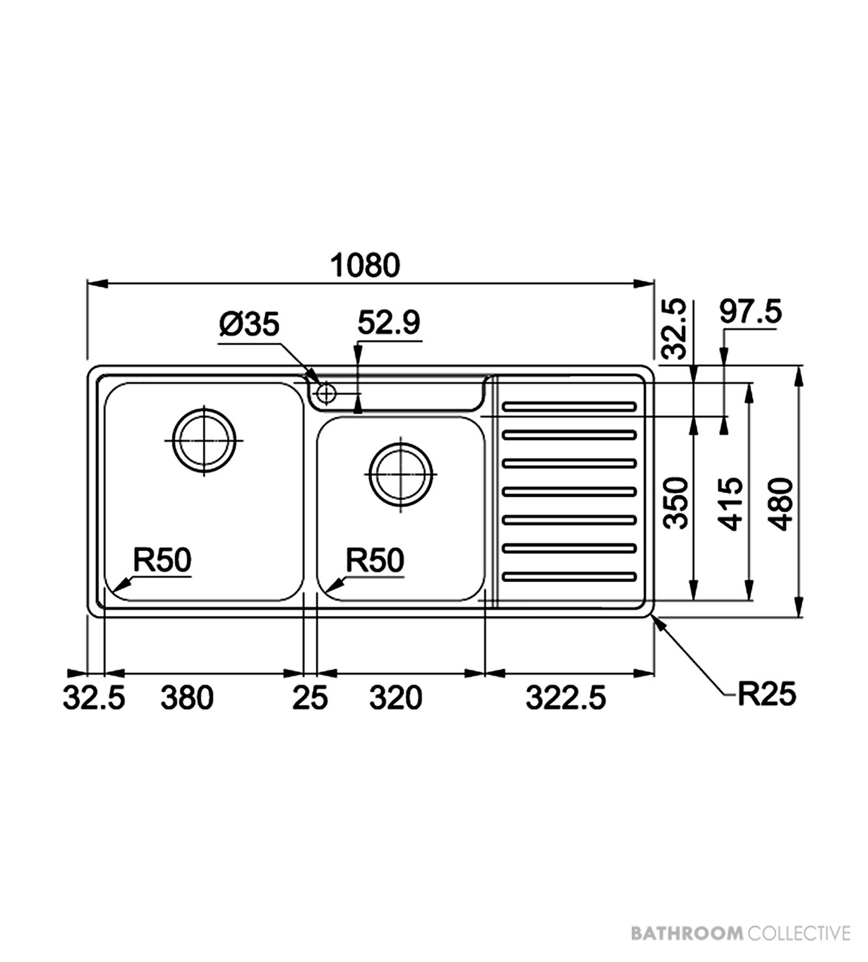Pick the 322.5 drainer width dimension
[x=566, y=698]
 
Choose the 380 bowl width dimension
[x=187, y=698]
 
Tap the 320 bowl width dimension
[x=396, y=698]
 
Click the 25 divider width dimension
[x=310, y=698]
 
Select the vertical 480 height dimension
[x=782, y=504]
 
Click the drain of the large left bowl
[x=204, y=440]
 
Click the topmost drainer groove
[x=570, y=407]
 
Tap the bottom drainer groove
[x=570, y=577]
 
